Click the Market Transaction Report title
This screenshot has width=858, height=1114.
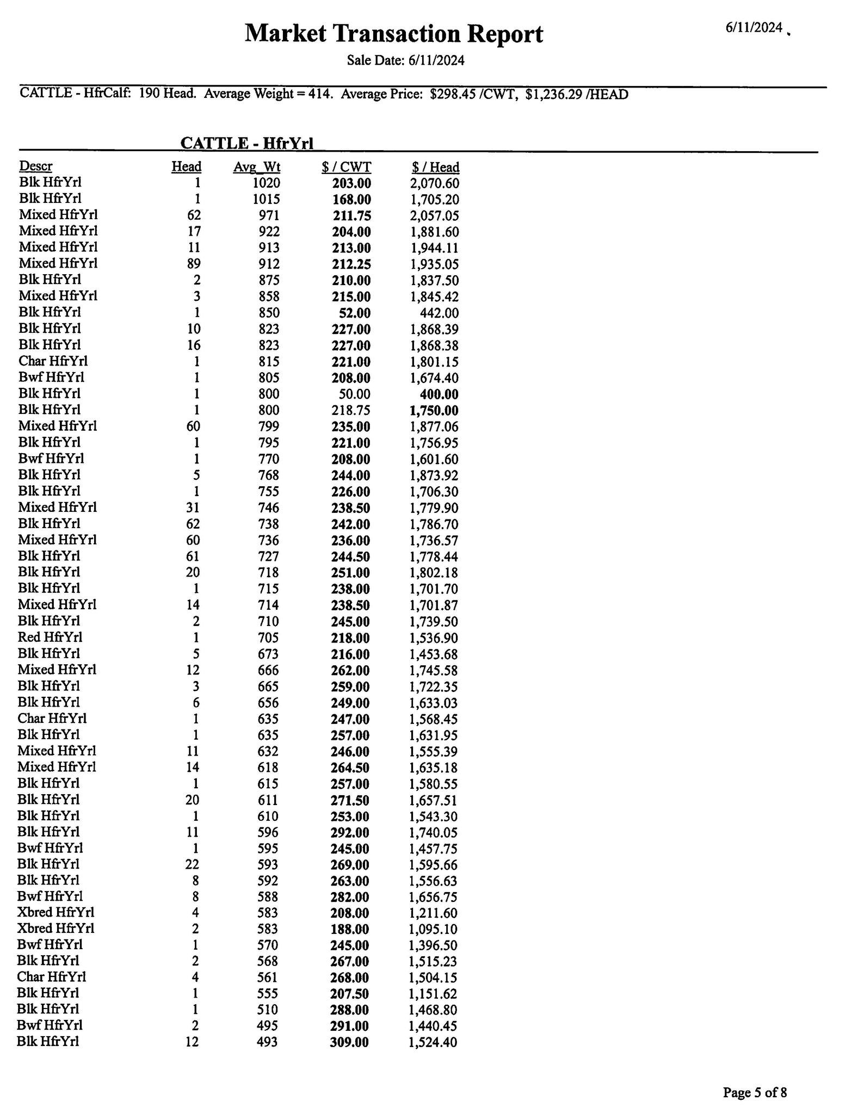[393, 34]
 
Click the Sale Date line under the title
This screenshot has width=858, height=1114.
[405, 60]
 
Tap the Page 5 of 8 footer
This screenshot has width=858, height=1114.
[754, 1077]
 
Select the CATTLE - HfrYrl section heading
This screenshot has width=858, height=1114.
[246, 143]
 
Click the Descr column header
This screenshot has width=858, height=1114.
[36, 166]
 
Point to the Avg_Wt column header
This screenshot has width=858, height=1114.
[257, 167]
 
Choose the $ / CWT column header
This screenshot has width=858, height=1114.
[346, 167]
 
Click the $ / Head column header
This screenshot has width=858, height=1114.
[435, 167]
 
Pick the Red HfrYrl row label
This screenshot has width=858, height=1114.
[50, 637]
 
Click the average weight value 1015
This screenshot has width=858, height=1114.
[266, 199]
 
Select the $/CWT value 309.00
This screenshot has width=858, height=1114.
[349, 1042]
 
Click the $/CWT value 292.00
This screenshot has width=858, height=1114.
[349, 832]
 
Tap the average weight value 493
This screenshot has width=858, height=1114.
[267, 1042]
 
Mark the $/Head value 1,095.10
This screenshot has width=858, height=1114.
[433, 929]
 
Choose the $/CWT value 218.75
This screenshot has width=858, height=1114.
[350, 411]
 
